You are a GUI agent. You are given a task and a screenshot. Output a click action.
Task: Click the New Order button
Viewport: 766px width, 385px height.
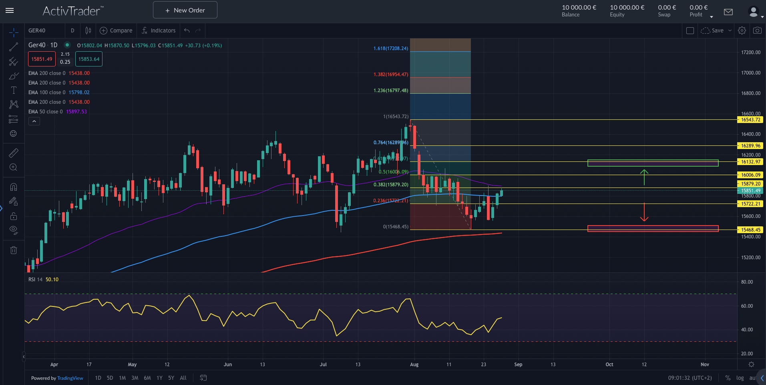click(185, 10)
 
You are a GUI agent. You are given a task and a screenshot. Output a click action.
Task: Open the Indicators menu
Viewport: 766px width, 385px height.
click(159, 30)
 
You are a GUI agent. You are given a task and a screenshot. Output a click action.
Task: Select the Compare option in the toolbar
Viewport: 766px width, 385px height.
click(116, 30)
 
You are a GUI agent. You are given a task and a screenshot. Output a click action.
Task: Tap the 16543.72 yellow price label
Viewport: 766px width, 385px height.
click(750, 120)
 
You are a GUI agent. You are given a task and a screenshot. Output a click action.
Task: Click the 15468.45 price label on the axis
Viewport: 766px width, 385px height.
click(750, 230)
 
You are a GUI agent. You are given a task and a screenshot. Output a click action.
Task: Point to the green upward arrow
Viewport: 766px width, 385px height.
click(644, 177)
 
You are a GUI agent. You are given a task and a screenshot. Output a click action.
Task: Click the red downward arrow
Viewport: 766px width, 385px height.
click(644, 212)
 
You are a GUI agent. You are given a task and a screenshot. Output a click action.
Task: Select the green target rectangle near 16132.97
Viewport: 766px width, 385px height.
click(653, 163)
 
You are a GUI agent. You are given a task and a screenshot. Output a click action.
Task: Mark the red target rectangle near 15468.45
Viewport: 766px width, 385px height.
click(653, 228)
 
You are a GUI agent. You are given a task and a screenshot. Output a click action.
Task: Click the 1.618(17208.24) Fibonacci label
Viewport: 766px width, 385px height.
click(390, 48)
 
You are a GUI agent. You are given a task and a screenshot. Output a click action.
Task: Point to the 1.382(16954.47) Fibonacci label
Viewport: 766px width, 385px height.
click(390, 75)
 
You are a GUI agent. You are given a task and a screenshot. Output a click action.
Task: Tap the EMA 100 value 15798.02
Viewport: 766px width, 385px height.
click(79, 93)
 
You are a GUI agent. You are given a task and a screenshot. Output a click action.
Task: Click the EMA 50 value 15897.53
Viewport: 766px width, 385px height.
click(76, 112)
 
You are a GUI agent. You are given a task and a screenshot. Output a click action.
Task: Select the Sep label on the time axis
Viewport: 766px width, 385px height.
click(518, 365)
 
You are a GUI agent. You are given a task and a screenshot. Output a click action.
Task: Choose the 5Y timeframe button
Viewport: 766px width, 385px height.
click(171, 378)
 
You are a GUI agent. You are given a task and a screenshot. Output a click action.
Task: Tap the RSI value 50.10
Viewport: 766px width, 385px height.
click(52, 280)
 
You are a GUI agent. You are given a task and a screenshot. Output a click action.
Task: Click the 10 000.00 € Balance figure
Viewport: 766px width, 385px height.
click(579, 8)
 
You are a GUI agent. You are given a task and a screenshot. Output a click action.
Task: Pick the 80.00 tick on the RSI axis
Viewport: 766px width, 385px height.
click(747, 282)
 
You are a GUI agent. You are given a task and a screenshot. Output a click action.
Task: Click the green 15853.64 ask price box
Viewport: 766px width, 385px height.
click(89, 59)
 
